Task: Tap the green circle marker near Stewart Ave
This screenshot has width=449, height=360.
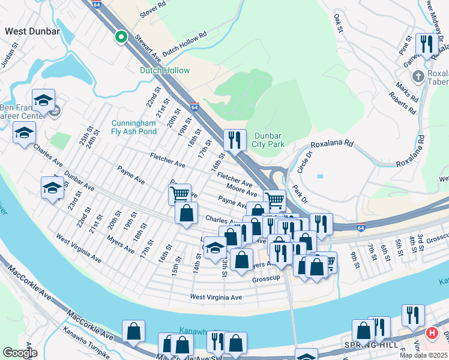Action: (121, 37)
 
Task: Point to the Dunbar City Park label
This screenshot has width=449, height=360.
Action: (267, 140)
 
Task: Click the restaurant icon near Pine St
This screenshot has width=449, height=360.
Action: (426, 44)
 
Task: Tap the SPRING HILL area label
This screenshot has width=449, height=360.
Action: (367, 345)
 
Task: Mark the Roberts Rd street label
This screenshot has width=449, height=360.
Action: (403, 103)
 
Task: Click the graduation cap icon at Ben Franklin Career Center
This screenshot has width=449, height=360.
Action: (43, 100)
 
